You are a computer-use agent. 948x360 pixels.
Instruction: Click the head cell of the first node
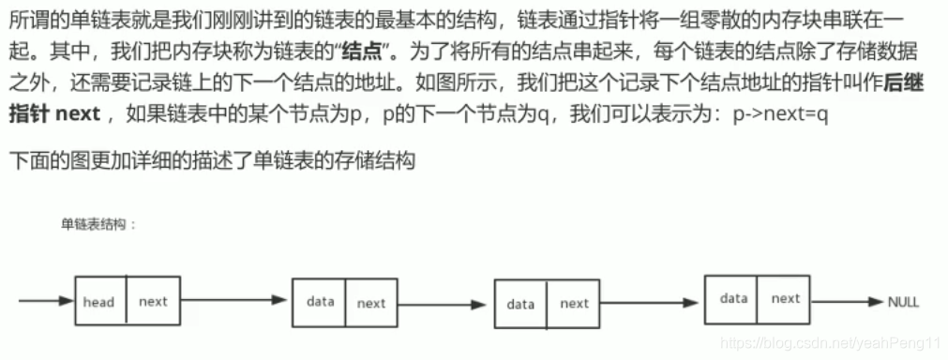pos(99,302)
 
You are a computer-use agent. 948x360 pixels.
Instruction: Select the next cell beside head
pos(153,302)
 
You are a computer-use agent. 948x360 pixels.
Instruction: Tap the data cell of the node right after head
pos(320,302)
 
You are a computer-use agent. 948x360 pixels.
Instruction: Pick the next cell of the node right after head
pos(370,303)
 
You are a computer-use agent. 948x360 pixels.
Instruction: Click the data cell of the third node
pos(520,304)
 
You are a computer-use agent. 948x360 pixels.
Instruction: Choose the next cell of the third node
pos(574,304)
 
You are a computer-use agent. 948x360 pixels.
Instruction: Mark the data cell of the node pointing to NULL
pos(733,298)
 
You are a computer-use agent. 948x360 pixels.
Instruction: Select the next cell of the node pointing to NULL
pos(785,298)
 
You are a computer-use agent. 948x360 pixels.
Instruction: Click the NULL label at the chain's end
pos(903,302)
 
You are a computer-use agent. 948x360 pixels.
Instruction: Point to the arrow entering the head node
pos(45,302)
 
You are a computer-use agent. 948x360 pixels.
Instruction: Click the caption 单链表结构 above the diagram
pos(98,224)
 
